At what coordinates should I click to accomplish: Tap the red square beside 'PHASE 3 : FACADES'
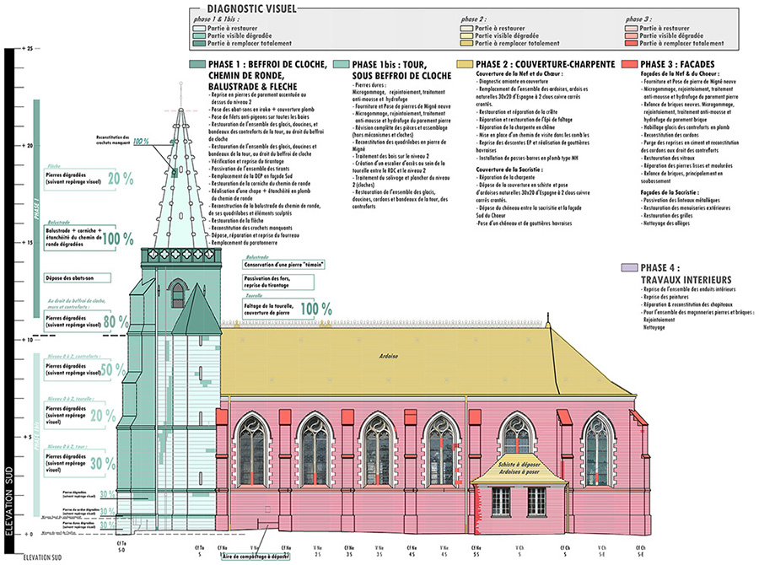tap(628, 64)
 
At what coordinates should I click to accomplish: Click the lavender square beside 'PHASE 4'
tap(627, 266)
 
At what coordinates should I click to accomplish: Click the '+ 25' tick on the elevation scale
tap(29, 49)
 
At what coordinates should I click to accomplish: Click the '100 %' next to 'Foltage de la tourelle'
tap(315, 309)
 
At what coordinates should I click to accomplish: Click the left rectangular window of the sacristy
tap(500, 501)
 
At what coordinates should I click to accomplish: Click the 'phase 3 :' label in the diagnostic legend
tap(640, 18)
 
